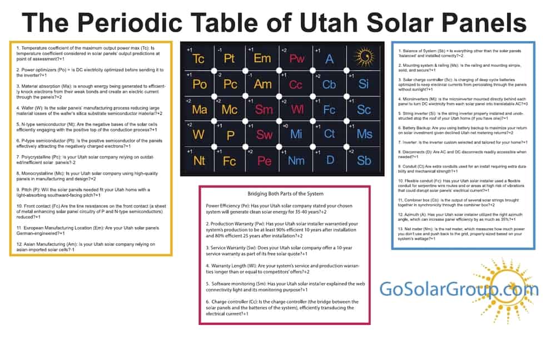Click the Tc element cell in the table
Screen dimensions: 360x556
pos(198,59)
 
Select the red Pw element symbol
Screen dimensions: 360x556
pos(297,59)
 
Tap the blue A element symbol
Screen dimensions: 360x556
pos(330,59)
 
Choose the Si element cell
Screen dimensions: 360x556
pos(364,84)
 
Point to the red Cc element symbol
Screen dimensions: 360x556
pos(296,85)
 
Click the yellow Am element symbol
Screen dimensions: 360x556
pos(262,85)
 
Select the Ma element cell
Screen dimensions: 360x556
pos(198,110)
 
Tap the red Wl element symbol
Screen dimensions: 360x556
pos(297,110)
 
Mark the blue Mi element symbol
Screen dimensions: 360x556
pos(296,135)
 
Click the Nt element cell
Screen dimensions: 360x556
pos(198,161)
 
